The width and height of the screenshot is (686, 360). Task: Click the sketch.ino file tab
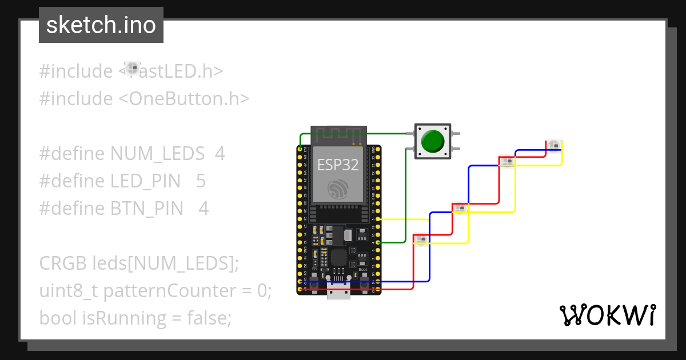(x=101, y=25)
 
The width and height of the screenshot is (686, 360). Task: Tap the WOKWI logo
(x=607, y=315)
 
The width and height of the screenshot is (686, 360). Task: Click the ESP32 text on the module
(x=338, y=165)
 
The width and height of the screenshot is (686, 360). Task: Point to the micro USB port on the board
(x=338, y=292)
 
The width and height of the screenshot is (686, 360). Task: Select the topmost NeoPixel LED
(x=553, y=145)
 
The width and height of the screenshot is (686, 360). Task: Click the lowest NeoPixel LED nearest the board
(x=421, y=239)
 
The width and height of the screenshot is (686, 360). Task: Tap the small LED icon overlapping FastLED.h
(x=133, y=69)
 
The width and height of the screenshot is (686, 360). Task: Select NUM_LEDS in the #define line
(x=157, y=154)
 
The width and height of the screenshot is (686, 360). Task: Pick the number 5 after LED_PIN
(x=201, y=181)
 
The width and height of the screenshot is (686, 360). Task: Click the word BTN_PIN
(x=147, y=209)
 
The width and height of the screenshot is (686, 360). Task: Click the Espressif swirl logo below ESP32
(x=338, y=189)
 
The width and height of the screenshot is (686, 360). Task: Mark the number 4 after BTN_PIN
(x=204, y=209)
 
